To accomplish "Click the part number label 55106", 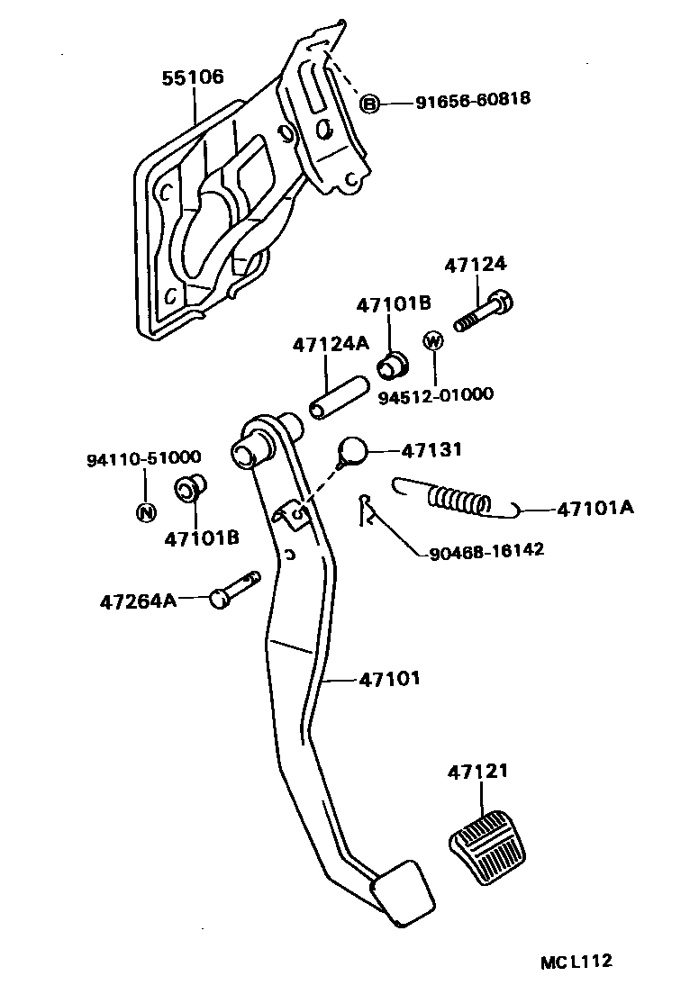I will click(x=193, y=78).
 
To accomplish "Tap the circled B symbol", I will click(x=369, y=104).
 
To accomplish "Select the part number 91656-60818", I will click(x=473, y=101).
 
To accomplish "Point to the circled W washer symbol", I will click(x=433, y=340).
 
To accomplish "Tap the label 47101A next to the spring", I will click(x=595, y=509).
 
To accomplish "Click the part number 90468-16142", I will click(x=481, y=548).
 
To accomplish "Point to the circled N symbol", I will click(x=144, y=513).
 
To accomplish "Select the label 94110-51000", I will click(x=143, y=458).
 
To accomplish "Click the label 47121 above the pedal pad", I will click(x=478, y=773).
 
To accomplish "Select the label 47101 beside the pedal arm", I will click(x=389, y=679).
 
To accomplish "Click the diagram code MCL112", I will click(x=576, y=962).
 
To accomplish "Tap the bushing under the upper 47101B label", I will click(x=391, y=366).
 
